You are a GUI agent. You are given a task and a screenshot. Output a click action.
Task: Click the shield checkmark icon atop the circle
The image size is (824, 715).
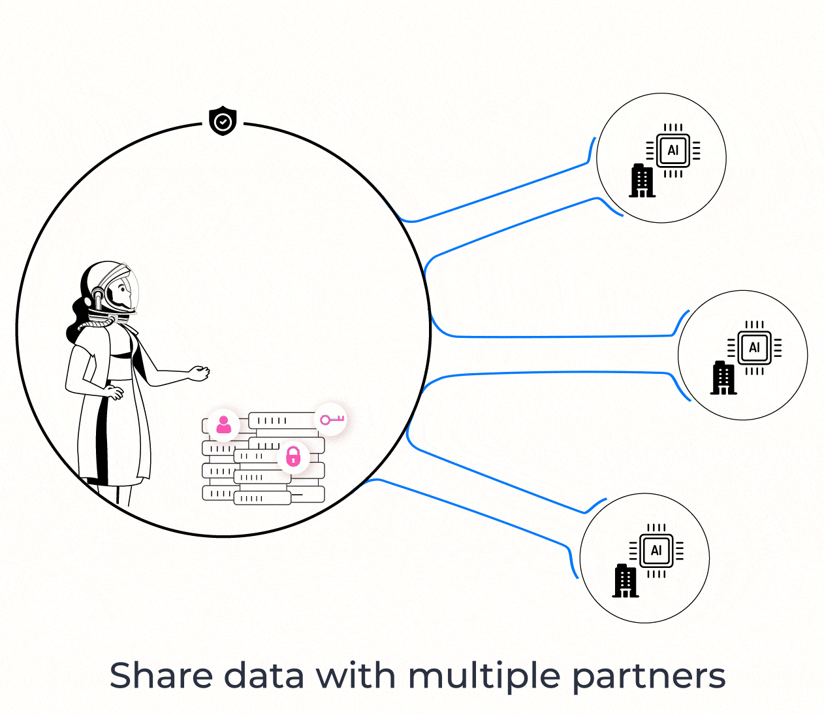pos(223,121)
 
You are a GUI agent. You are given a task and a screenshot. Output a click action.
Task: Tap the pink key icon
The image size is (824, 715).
pos(331,419)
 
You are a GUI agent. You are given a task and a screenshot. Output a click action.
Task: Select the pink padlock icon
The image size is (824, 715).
pos(294,456)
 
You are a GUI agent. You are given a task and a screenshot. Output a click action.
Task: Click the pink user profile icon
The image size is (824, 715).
pos(224,425)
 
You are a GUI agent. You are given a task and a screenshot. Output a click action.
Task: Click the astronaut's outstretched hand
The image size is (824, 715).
pos(200,373)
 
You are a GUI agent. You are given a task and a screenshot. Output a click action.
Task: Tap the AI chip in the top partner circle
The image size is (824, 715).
pos(673,150)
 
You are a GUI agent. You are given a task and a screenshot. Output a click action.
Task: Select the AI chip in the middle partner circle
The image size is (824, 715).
pos(754,348)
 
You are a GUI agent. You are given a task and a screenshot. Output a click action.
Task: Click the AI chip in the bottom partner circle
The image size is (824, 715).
pos(656,550)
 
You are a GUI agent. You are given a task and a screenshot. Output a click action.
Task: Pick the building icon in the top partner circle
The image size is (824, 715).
pos(642,180)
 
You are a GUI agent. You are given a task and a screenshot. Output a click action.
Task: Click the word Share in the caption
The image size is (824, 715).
pos(161,676)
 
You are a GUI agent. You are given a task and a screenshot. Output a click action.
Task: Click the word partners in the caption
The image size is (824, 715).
pos(648,677)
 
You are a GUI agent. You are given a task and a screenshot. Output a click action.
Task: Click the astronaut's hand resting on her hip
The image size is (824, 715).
pos(115,393)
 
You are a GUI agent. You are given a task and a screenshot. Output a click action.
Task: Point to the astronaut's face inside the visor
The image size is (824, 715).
pos(122,291)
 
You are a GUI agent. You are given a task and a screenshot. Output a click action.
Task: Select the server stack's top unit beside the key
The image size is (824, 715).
pos(282,420)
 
